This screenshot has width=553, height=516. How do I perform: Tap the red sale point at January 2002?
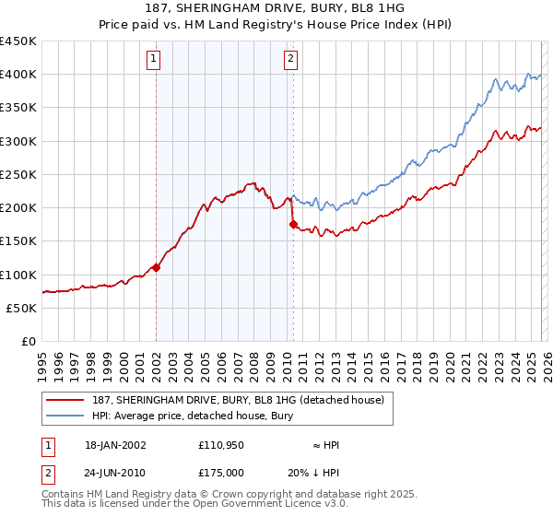[x=156, y=267]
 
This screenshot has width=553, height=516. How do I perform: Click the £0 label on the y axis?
[x=29, y=341]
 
